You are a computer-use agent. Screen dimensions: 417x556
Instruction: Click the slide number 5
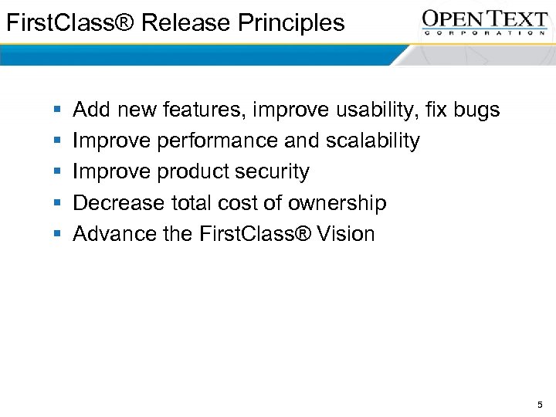tap(540, 404)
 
